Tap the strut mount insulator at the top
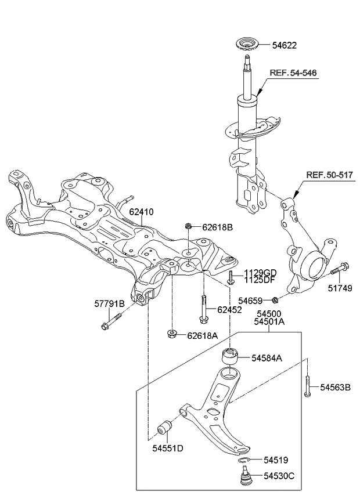tap(247, 45)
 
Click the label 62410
tap(141, 212)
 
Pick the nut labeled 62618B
tap(188, 227)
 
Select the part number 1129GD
tap(260, 273)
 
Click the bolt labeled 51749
tap(339, 270)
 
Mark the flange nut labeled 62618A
tap(172, 334)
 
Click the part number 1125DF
tap(260, 280)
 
